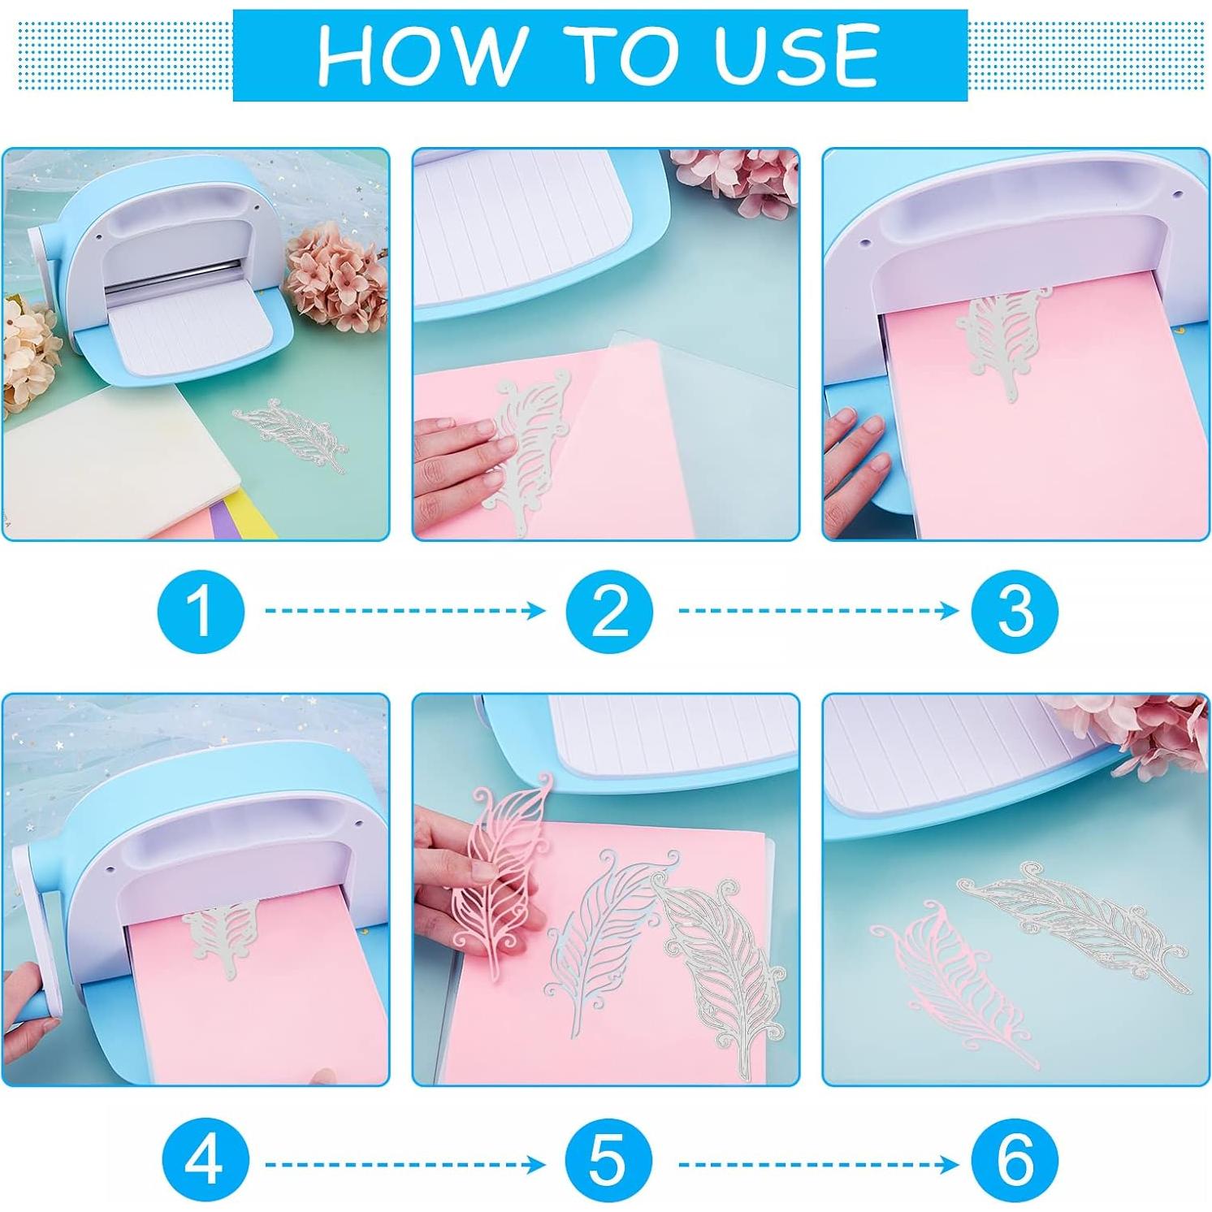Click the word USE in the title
(797, 55)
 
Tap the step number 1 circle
(201, 610)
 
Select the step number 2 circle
(609, 610)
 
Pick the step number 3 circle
(1015, 610)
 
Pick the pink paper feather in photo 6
(950, 975)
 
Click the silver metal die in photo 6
(1072, 926)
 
